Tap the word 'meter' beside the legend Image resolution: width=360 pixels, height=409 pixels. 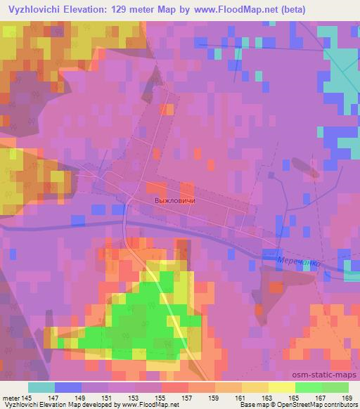click(11, 397)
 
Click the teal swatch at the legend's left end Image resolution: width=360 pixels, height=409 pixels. click(41, 387)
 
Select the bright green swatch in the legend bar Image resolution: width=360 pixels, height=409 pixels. click(309, 387)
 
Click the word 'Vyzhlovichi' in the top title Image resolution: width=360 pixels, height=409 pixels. click(34, 11)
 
